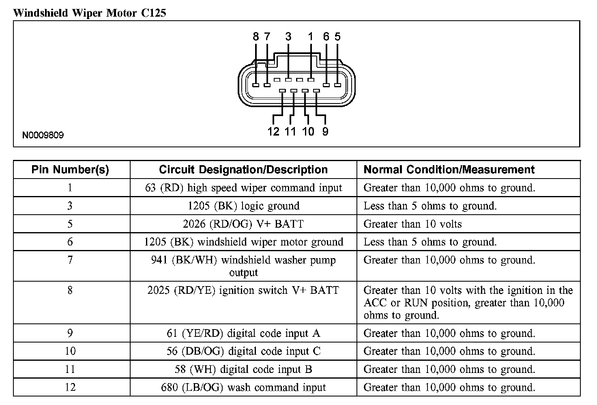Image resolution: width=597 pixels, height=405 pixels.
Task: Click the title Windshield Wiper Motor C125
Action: (89, 13)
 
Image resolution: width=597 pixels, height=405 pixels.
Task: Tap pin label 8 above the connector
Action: (256, 37)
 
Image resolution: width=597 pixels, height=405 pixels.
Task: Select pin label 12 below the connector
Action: (273, 131)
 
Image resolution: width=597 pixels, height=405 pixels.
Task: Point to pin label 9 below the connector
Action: (325, 131)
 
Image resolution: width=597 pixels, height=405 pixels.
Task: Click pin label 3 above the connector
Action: (288, 37)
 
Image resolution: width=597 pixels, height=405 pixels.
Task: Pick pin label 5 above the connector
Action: (337, 37)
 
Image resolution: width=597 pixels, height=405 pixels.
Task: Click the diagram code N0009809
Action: (43, 135)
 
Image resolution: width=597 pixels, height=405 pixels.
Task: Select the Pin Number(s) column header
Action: (70, 170)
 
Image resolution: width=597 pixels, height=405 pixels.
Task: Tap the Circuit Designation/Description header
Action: (243, 170)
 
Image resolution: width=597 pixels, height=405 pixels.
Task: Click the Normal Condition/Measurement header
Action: (449, 170)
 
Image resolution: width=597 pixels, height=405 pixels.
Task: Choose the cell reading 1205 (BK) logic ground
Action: (243, 206)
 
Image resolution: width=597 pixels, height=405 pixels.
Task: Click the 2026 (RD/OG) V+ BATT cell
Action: (243, 224)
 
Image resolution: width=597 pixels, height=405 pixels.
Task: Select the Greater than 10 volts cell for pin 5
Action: (412, 224)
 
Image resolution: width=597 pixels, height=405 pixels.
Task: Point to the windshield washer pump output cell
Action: (243, 266)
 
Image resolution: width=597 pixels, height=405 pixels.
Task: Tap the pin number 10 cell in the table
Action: (70, 351)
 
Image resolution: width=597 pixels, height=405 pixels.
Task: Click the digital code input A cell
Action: (243, 333)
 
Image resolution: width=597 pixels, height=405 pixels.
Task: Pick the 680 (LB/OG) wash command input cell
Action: (243, 388)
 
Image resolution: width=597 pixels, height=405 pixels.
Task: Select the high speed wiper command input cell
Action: (243, 188)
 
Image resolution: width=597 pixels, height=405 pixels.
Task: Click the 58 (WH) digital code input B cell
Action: (243, 369)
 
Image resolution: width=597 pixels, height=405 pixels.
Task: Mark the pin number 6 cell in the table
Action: (70, 242)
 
